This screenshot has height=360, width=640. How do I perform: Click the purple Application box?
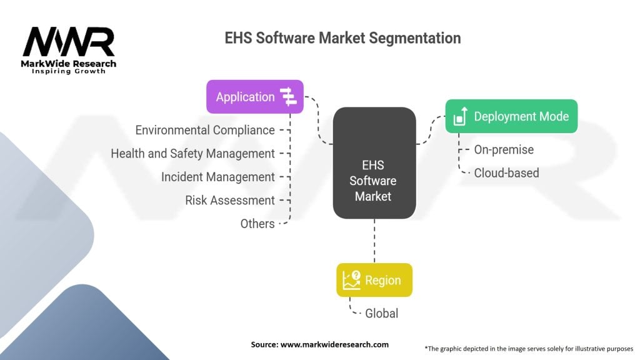pos(255,97)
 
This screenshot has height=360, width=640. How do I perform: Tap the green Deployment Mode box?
pos(511,116)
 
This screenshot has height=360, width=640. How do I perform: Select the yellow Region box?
pos(374,280)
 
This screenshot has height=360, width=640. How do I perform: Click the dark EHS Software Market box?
pos(374,163)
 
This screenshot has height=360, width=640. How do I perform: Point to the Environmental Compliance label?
pos(205,130)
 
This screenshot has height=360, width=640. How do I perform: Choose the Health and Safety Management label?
pos(192,154)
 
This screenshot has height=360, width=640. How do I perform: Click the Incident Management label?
pos(218,177)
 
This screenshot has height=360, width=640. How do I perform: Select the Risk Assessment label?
pos(230,201)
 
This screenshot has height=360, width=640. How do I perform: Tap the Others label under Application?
pos(257,224)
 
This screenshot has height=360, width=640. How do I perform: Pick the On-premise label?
pos(504,150)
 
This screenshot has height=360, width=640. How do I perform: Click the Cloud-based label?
pos(506,173)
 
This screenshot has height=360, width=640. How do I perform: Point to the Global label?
pos(382,314)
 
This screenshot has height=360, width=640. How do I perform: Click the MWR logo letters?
pos(69,42)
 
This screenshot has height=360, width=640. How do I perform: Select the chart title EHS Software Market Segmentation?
pos(343,38)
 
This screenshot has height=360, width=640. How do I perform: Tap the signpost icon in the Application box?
pos(289,97)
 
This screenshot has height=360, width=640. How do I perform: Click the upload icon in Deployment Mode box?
pos(461,116)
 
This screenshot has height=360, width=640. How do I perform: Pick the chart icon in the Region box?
pos(351,280)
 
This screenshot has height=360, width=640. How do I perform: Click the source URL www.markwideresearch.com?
pos(334,344)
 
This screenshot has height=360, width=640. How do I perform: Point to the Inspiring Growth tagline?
pos(69,71)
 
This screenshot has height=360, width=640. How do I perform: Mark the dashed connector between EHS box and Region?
pos(374,241)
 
